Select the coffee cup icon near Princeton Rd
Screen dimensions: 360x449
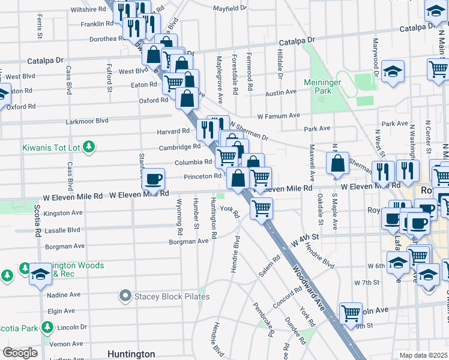[x=154, y=178]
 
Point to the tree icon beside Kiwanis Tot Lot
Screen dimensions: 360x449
[x=89, y=146]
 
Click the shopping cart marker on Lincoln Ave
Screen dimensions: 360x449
[x=351, y=313]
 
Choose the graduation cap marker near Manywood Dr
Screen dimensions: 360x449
[x=393, y=71]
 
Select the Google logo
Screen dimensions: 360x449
[x=20, y=353]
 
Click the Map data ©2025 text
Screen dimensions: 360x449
[x=424, y=355]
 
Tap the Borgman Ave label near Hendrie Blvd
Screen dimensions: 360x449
[x=188, y=241]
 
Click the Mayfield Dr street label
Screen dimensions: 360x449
[x=231, y=8]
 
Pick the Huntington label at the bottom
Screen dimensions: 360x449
[x=131, y=354]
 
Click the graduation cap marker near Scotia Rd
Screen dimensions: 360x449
[x=40, y=274]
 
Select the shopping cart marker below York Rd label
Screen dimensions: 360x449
[x=261, y=209]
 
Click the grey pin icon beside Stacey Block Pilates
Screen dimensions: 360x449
[x=125, y=296]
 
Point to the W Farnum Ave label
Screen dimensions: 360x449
[x=279, y=115]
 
